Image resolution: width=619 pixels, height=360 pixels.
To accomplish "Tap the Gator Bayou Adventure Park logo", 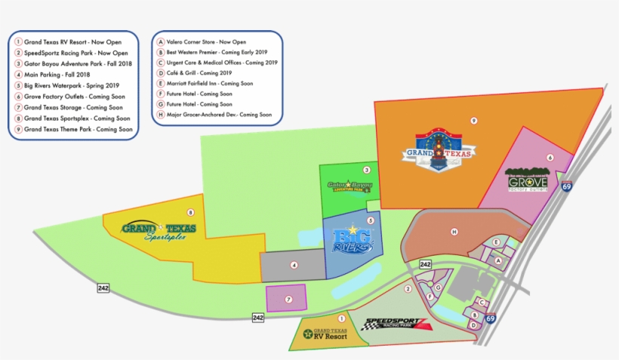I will pos(349,186).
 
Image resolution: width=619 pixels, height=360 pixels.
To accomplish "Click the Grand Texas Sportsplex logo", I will pos(159,230).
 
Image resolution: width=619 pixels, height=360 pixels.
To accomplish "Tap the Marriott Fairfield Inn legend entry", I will pos(209,84).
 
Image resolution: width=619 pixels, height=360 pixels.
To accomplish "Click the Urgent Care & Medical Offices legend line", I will pos(217,63).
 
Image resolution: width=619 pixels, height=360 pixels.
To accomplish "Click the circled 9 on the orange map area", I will pos(473,121).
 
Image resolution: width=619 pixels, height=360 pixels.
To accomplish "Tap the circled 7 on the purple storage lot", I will pos(288,299).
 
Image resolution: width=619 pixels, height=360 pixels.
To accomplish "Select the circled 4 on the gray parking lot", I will pos(294,265).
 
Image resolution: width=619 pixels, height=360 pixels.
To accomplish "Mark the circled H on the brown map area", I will pos(454,231).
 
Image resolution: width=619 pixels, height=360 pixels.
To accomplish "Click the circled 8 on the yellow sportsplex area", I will pos(190,213).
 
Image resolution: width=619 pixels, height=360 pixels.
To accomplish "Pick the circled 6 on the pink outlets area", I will pos(550,158).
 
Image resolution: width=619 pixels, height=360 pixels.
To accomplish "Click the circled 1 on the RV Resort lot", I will pos(342,319).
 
